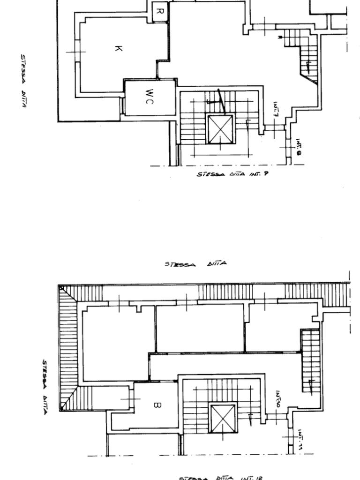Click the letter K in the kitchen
pyautogui.click(x=118, y=48)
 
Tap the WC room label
pyautogui.click(x=149, y=97)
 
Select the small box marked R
pyautogui.click(x=159, y=11)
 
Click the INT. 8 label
pyautogui.click(x=299, y=146)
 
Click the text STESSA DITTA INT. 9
pyautogui.click(x=232, y=174)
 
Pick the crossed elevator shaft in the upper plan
pyautogui.click(x=220, y=129)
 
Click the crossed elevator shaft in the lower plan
pyautogui.click(x=223, y=419)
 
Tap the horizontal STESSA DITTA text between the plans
pyautogui.click(x=196, y=263)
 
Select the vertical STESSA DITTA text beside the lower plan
pyautogui.click(x=45, y=387)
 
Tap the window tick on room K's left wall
pyautogui.click(x=76, y=52)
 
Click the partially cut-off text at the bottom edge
pyautogui.click(x=220, y=478)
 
